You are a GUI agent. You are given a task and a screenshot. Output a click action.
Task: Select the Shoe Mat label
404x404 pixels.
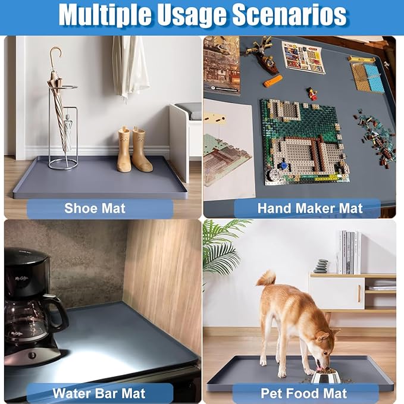pyautogui.click(x=95, y=208)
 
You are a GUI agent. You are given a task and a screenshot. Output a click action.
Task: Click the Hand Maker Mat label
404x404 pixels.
pyautogui.click(x=310, y=208)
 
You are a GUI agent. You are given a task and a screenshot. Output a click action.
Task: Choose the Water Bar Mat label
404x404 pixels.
pyautogui.click(x=99, y=393)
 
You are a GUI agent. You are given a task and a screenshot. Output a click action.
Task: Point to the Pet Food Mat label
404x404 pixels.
pyautogui.click(x=304, y=393)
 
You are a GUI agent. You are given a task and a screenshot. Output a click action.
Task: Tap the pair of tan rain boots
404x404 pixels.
pyautogui.click(x=134, y=150)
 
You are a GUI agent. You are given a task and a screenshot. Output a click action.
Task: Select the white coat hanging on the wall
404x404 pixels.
pyautogui.click(x=130, y=67)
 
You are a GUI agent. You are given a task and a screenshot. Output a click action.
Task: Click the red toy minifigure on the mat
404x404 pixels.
pyautogui.click(x=312, y=94)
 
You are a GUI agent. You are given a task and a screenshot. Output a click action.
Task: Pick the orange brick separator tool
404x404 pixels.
pyautogui.click(x=273, y=81)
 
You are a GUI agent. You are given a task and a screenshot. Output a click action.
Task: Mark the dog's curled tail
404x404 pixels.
pyautogui.click(x=267, y=279)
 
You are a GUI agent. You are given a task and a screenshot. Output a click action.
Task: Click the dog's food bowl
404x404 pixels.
pyautogui.click(x=326, y=376)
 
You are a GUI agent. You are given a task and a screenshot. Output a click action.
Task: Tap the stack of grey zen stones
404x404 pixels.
pyautogui.click(x=321, y=266)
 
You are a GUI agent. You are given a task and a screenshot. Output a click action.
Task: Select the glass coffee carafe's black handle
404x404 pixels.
pyautogui.click(x=58, y=312)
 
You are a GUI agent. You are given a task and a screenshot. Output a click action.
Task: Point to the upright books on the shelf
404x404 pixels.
pyautogui.click(x=350, y=252)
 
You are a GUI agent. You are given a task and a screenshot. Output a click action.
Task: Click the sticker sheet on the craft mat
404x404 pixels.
pyautogui.click(x=303, y=58)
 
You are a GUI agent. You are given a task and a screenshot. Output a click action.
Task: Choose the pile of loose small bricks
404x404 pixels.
pyautogui.click(x=375, y=137)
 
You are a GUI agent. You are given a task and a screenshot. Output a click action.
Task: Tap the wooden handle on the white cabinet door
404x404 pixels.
pyautogui.click(x=359, y=293)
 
